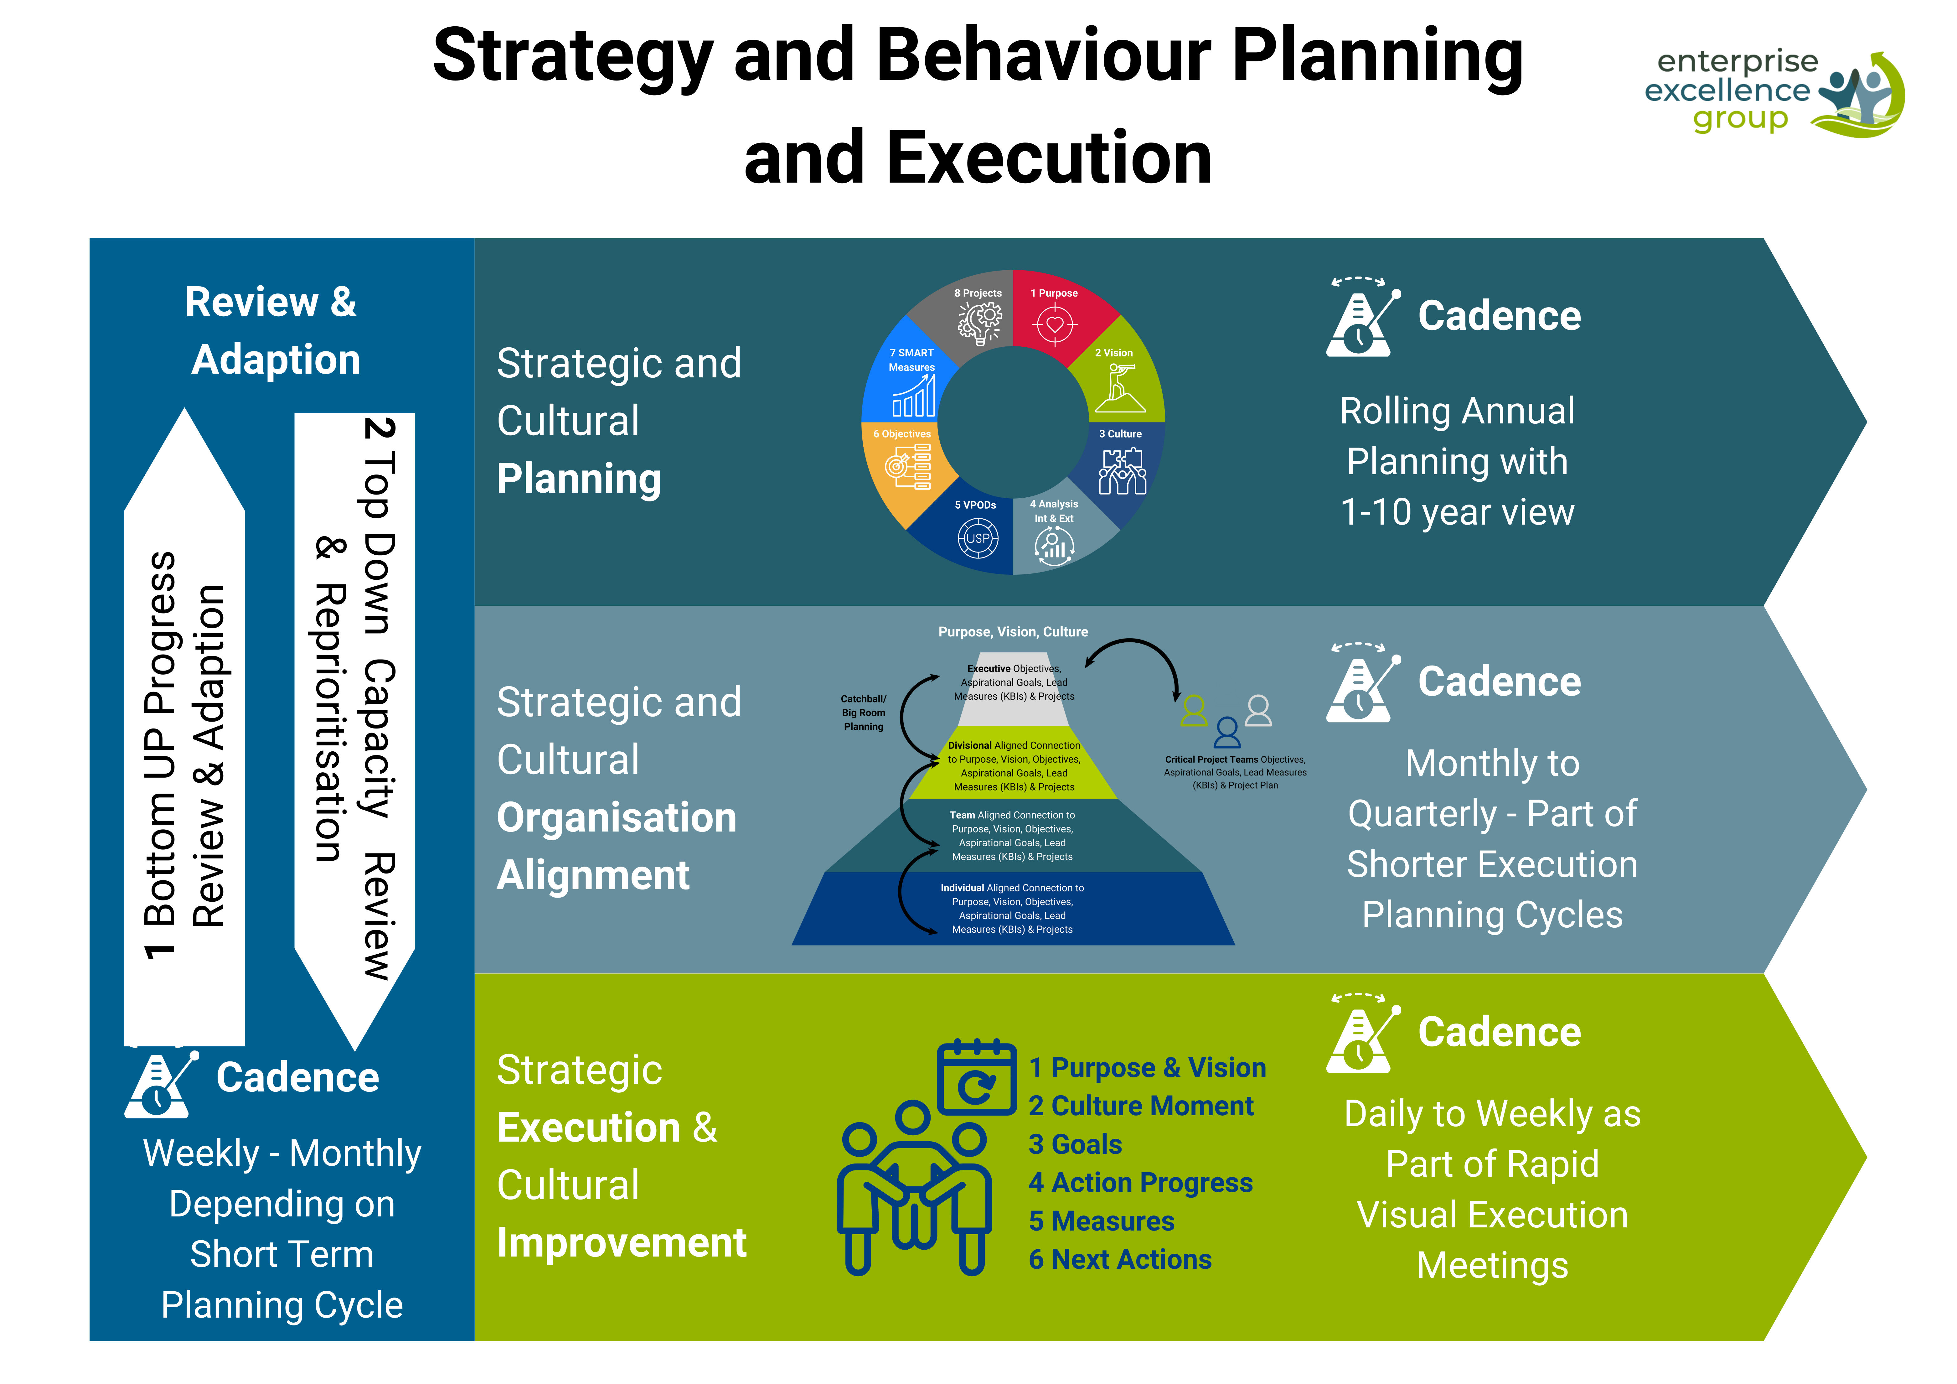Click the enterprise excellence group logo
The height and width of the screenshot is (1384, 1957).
pos(1773,92)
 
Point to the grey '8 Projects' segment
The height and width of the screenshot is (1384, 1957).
pos(978,315)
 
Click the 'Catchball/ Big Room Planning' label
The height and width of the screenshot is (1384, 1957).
pos(864,712)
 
